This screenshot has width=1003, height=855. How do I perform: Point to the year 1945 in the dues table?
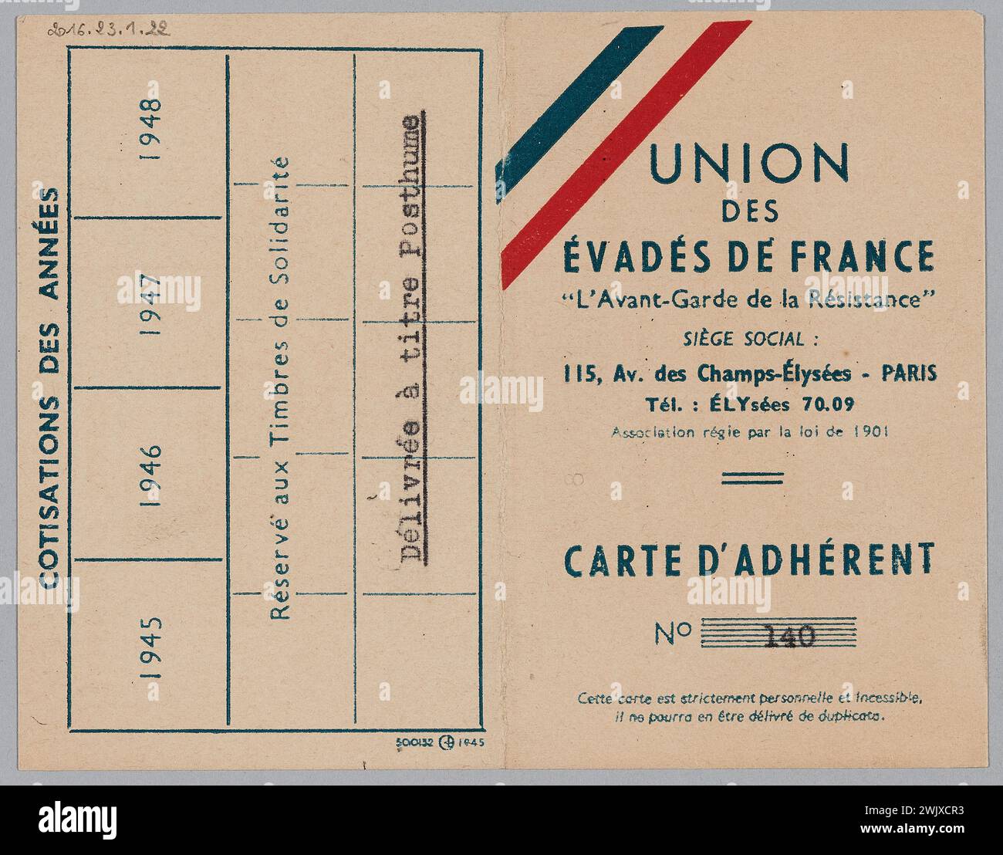152,647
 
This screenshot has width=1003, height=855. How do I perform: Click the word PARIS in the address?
910,374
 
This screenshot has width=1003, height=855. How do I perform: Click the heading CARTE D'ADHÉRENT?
749,559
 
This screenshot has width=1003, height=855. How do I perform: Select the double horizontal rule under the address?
741,478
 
